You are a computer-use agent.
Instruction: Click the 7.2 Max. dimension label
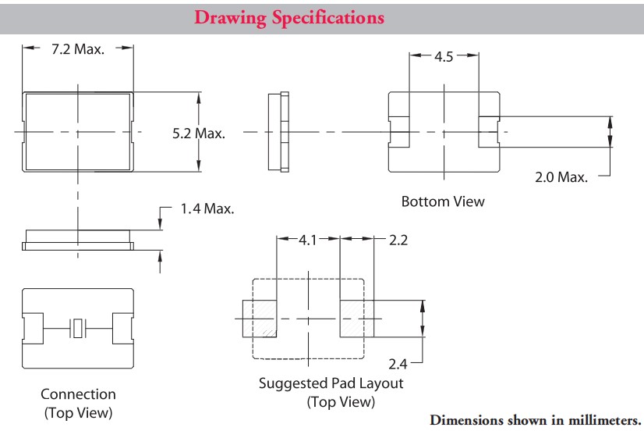[78, 48]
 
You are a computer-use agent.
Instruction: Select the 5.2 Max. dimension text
[199, 134]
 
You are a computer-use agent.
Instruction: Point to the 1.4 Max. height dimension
[207, 208]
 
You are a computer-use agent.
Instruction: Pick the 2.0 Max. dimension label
[561, 177]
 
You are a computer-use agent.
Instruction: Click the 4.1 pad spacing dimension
[308, 240]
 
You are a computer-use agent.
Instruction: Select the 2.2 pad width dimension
[398, 240]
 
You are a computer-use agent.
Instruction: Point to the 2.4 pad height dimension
[398, 364]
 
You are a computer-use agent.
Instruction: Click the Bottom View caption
[443, 201]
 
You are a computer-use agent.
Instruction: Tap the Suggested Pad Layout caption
[331, 383]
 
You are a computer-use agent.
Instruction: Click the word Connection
[78, 394]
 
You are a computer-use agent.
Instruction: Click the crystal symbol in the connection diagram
[78, 329]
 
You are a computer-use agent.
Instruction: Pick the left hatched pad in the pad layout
[260, 319]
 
